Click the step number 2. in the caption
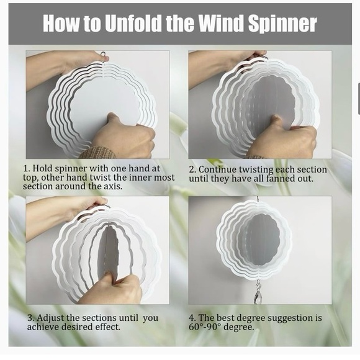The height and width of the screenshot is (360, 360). pyautogui.click(x=192, y=169)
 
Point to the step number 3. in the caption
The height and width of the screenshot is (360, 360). pyautogui.click(x=30, y=318)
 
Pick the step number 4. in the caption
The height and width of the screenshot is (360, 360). pyautogui.click(x=192, y=318)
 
